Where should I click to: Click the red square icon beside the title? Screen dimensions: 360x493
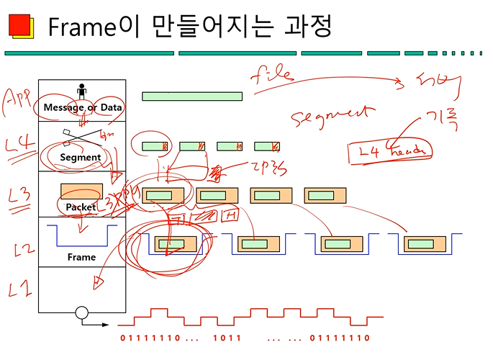[19, 24]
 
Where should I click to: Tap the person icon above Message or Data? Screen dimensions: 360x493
[81, 91]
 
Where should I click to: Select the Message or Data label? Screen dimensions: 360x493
[82, 107]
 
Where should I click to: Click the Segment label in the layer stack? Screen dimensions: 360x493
[81, 157]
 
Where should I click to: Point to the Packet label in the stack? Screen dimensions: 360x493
[81, 207]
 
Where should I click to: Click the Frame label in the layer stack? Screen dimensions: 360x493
[81, 257]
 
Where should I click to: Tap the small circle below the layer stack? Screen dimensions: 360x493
[81, 313]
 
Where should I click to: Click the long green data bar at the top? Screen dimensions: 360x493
[191, 96]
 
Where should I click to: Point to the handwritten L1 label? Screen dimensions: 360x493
[20, 289]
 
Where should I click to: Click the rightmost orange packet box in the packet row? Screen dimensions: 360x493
[325, 195]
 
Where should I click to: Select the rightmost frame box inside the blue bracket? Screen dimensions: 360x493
[424, 244]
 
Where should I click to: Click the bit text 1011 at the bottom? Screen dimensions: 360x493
[227, 338]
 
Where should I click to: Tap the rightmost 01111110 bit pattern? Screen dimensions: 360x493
[339, 338]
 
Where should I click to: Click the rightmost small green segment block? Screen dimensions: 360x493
[267, 146]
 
